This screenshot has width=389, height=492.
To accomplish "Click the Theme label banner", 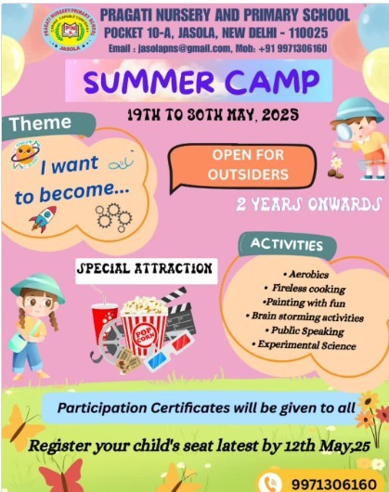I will pyautogui.click(x=41, y=123).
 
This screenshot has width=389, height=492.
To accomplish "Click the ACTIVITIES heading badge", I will pyautogui.click(x=287, y=245).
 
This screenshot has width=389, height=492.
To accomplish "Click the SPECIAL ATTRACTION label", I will pyautogui.click(x=146, y=269).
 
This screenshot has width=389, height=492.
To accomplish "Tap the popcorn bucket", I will pyautogui.click(x=145, y=327).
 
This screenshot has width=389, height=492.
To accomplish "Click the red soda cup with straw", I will pyautogui.click(x=105, y=324).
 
